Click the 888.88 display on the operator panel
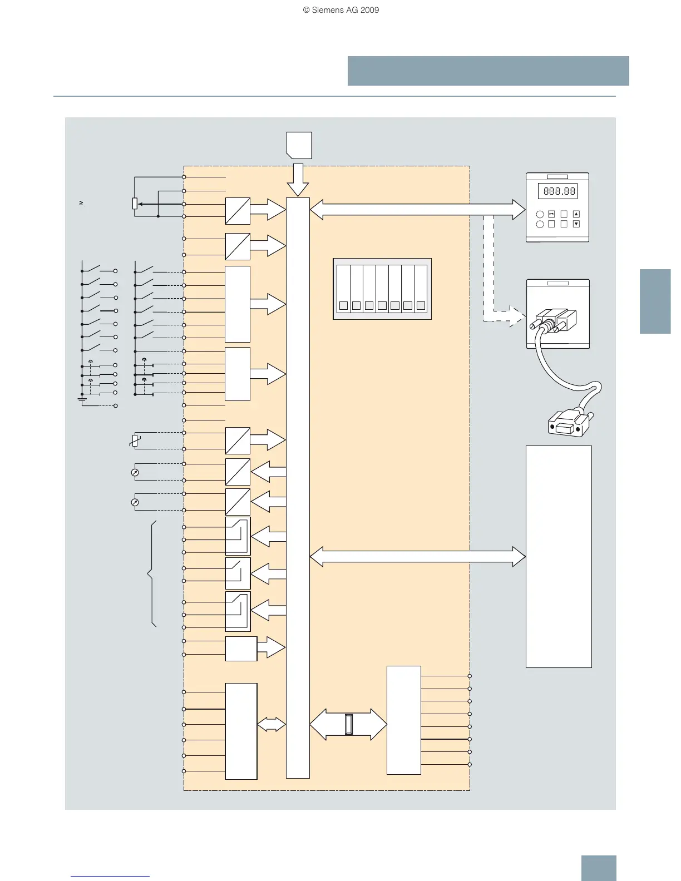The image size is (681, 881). [557, 191]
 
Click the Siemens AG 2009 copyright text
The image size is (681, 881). [340, 10]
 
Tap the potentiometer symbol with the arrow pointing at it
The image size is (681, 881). [135, 204]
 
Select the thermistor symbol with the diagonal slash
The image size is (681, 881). [134, 441]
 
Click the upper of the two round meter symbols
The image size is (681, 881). [135, 472]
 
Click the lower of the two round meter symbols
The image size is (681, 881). [135, 502]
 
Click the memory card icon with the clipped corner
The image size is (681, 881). [299, 145]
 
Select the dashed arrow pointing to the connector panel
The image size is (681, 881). [504, 316]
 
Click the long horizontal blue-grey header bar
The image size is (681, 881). [488, 71]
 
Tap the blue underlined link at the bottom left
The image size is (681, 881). [110, 876]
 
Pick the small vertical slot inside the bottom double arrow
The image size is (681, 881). [348, 724]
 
